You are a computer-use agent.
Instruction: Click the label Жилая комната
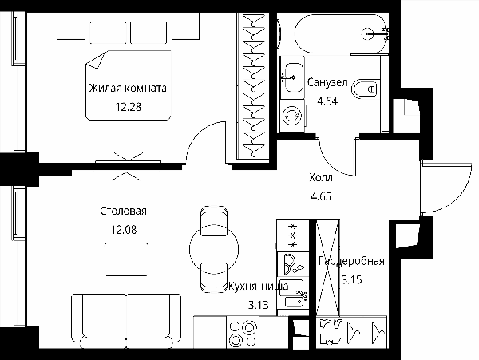pyautogui.click(x=128, y=89)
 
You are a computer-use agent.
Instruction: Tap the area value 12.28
pyautogui.click(x=129, y=107)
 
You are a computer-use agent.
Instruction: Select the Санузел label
pyautogui.click(x=327, y=82)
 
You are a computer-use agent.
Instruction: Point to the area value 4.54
pyautogui.click(x=327, y=101)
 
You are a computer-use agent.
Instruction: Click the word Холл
pyautogui.click(x=321, y=177)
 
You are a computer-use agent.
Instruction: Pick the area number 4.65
pyautogui.click(x=321, y=196)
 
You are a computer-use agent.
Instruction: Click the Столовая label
pyautogui.click(x=124, y=211)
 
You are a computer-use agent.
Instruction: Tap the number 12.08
pyautogui.click(x=124, y=230)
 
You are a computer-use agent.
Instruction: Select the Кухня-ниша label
pyautogui.click(x=259, y=286)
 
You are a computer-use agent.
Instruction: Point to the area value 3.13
pyautogui.click(x=259, y=305)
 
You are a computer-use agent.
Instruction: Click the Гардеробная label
pyautogui.click(x=351, y=261)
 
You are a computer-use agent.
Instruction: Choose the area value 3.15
pyautogui.click(x=351, y=279)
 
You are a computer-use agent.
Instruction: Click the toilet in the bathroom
pyautogui.click(x=365, y=89)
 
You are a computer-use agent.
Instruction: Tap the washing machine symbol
pyautogui.click(x=292, y=116)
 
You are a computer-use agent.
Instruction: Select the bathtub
pyautogui.click(x=340, y=34)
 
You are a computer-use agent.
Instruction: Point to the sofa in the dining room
pyautogui.click(x=126, y=321)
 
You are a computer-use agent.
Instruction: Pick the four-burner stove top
pyautogui.click(x=243, y=332)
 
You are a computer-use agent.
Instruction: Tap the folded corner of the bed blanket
pyautogui.click(x=96, y=61)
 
